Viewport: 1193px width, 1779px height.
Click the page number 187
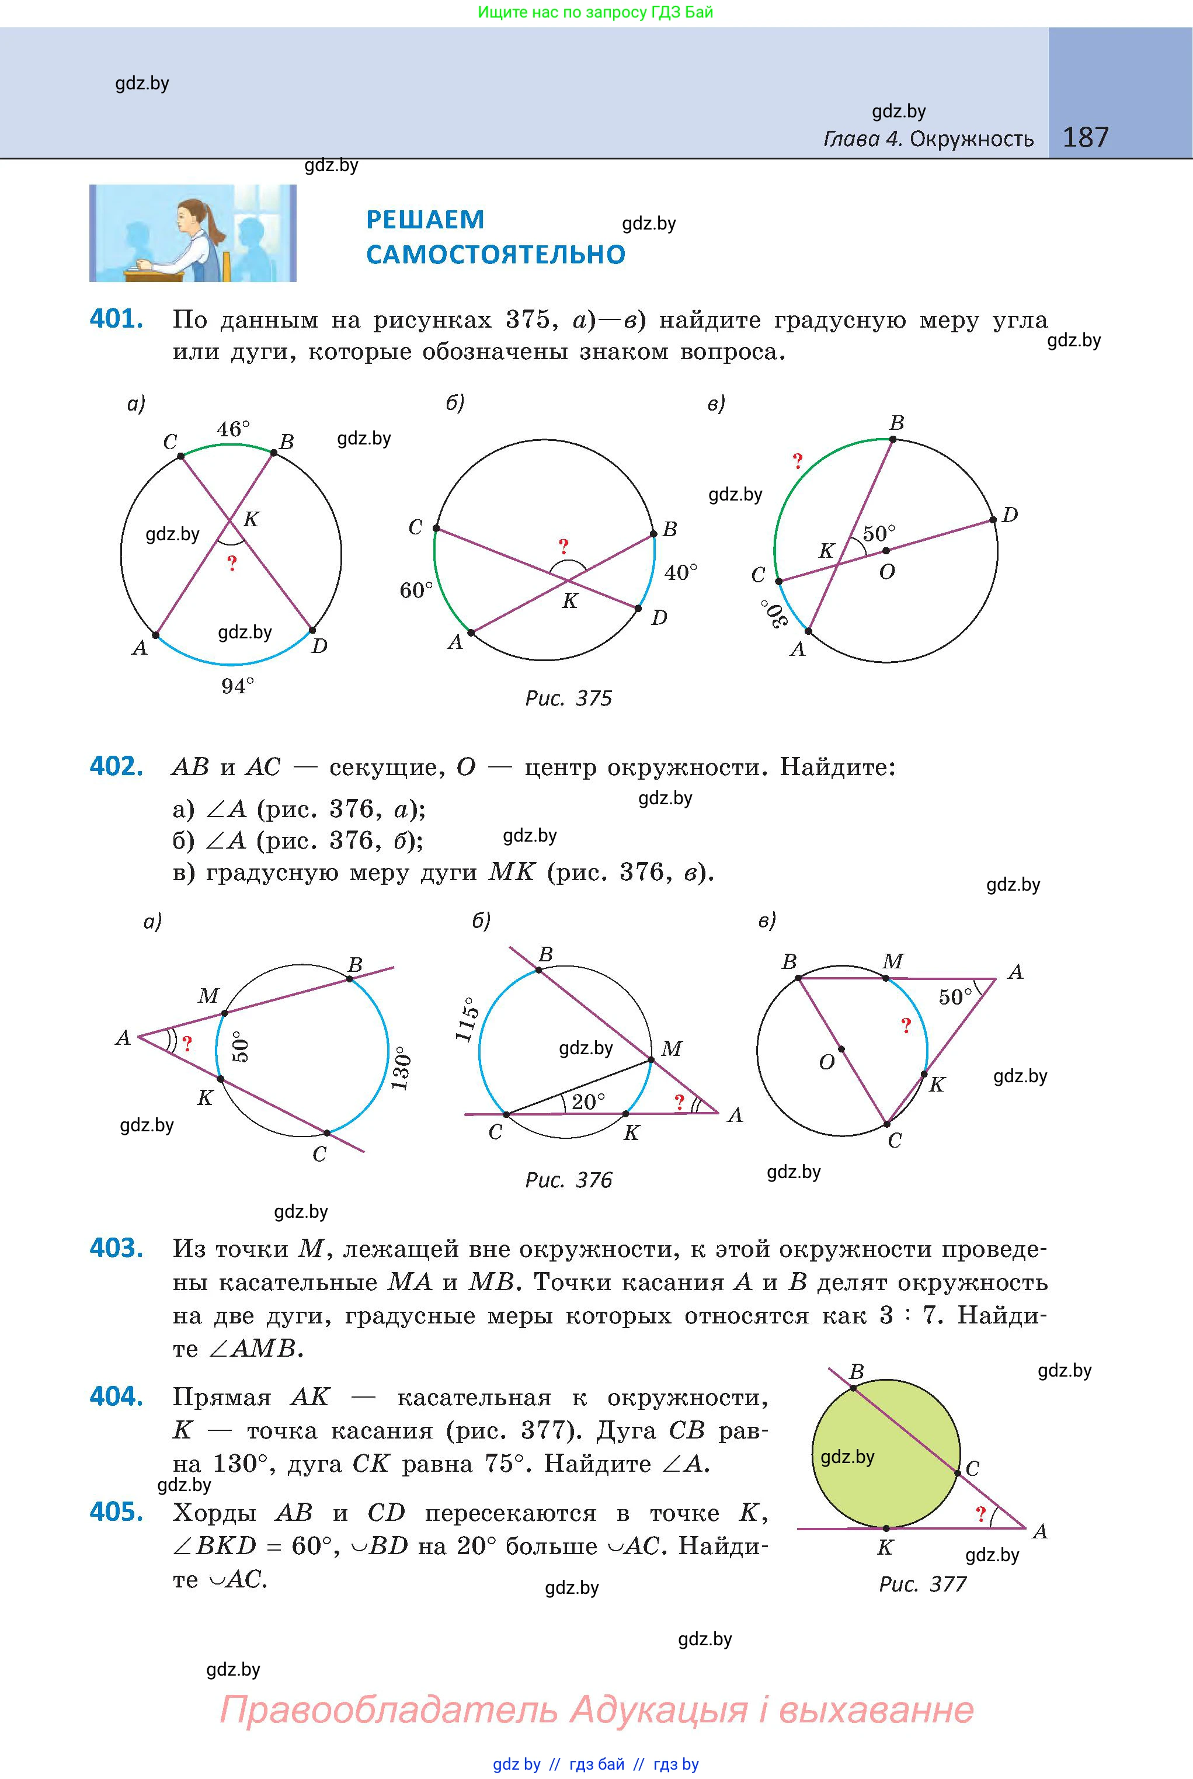click(x=1085, y=137)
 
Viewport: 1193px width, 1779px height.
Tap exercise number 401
click(x=116, y=319)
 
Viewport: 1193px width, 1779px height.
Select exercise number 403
click(x=116, y=1248)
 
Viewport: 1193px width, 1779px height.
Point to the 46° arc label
click(x=233, y=429)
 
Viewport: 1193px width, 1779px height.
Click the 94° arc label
click(x=238, y=686)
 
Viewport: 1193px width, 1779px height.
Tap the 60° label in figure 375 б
click(x=416, y=590)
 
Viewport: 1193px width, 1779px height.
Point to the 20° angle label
click(x=589, y=1101)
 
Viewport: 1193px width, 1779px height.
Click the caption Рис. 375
click(x=568, y=699)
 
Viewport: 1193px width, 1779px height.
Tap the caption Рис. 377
click(x=922, y=1584)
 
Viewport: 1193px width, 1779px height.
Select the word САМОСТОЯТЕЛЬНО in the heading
click(x=495, y=254)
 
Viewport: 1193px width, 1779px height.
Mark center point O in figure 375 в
click(x=886, y=550)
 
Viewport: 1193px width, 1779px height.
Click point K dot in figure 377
click(x=886, y=1527)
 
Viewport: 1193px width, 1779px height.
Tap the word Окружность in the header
click(x=972, y=139)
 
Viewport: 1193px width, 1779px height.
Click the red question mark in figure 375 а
click(x=232, y=563)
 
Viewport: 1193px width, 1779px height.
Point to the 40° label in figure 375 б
click(x=681, y=572)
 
